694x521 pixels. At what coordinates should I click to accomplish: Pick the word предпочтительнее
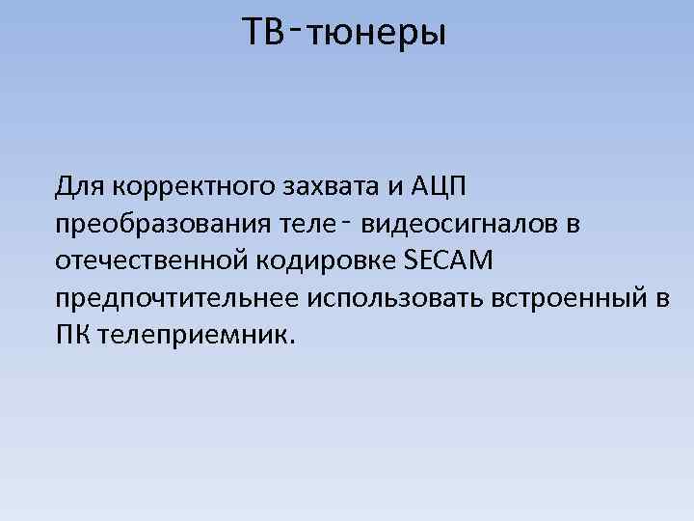[178, 299]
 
